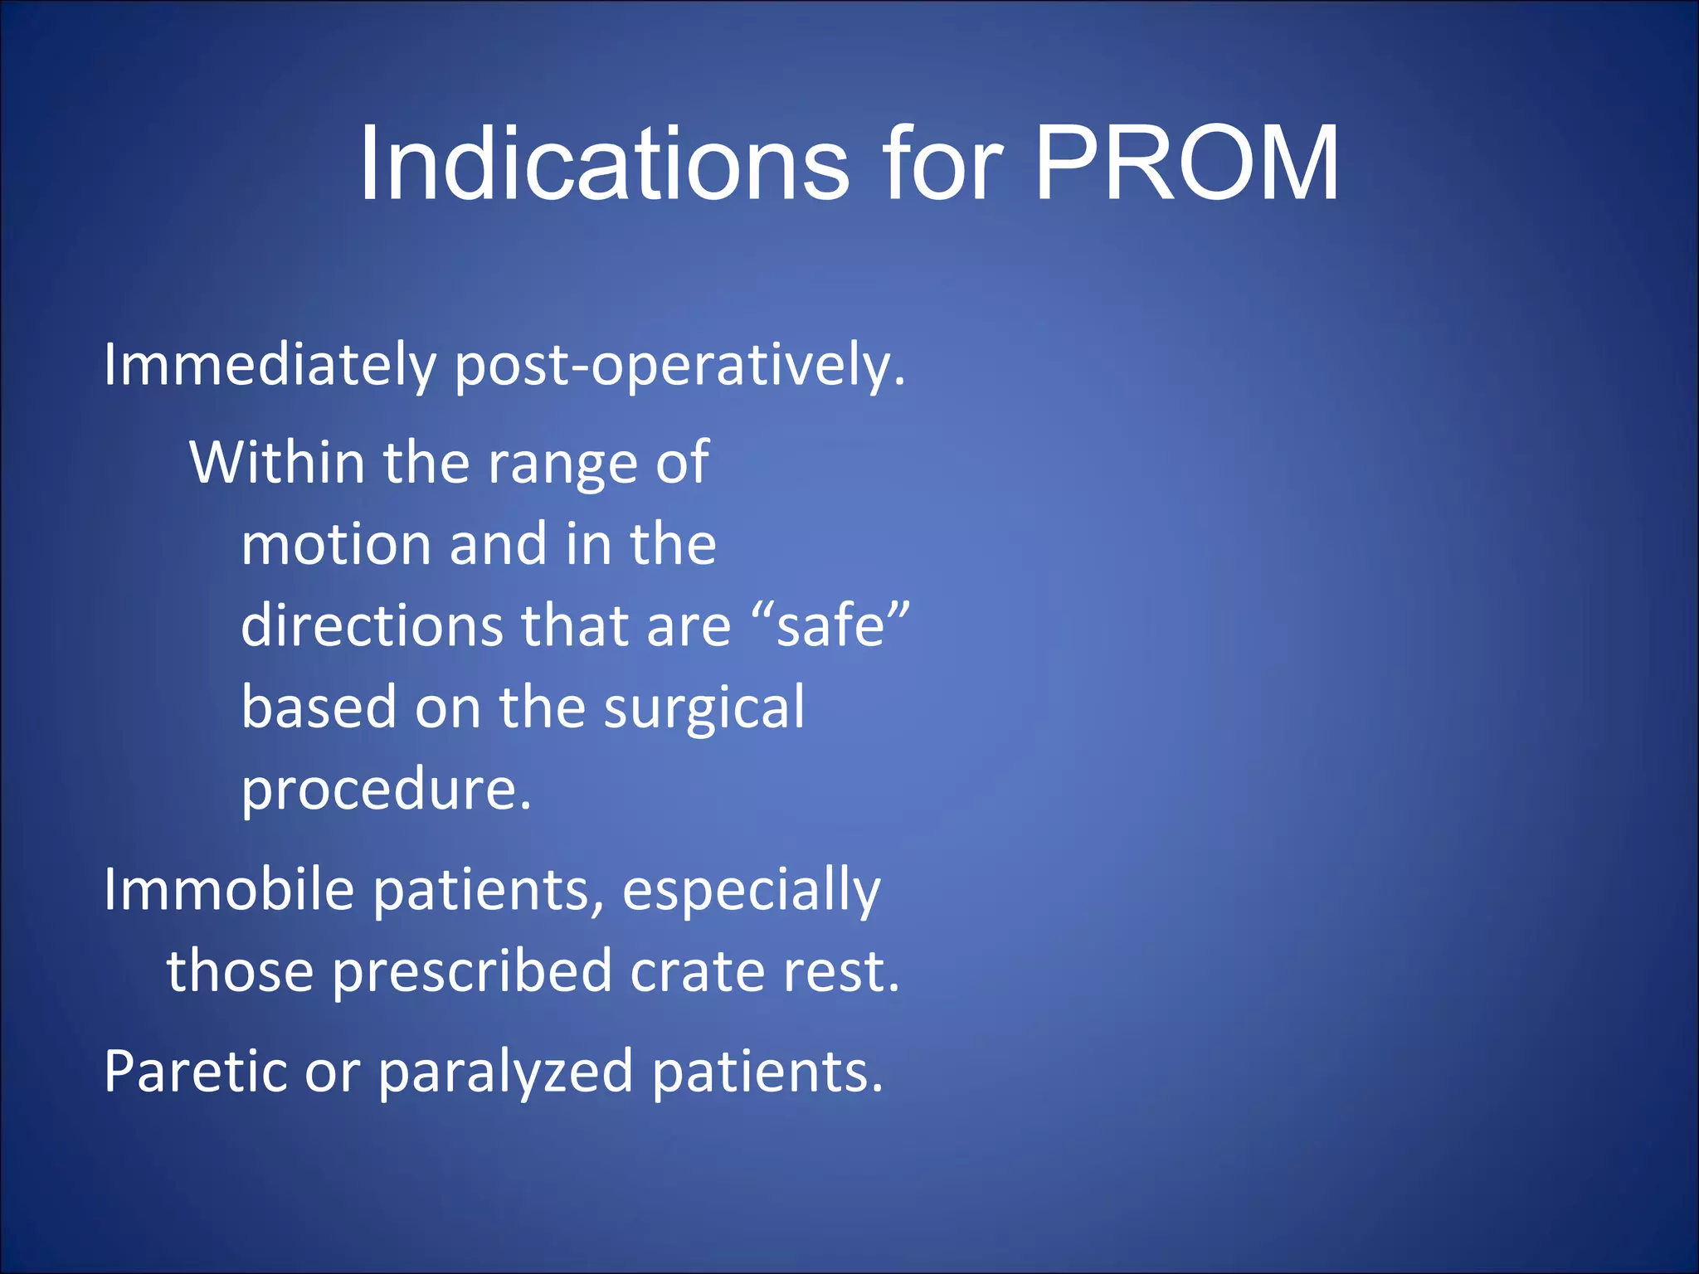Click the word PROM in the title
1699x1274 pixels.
(x=1186, y=163)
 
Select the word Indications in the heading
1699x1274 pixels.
(x=603, y=163)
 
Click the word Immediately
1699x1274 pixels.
(x=270, y=366)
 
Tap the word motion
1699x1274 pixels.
(x=336, y=545)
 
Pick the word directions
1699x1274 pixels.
(x=372, y=625)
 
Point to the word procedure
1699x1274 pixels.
(x=386, y=790)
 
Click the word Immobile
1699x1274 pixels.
(x=229, y=890)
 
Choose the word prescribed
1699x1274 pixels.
(x=472, y=972)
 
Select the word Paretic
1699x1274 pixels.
(x=196, y=1072)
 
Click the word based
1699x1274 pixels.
(x=319, y=708)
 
